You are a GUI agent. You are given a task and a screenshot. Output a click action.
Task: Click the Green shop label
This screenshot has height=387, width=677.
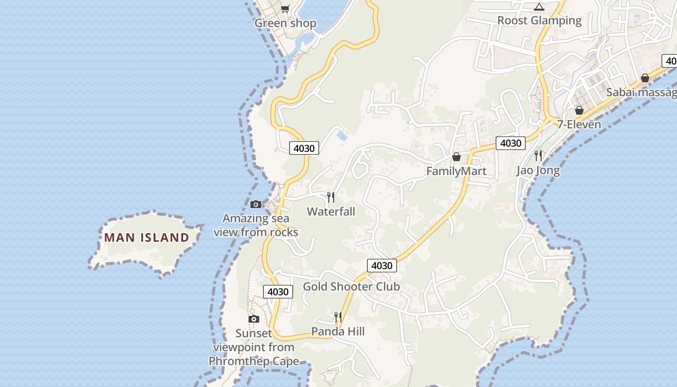coord(285,23)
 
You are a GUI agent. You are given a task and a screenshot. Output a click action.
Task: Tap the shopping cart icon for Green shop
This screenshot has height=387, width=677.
coord(285,9)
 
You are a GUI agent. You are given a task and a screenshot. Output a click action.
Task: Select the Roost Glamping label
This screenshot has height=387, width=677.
coord(539,20)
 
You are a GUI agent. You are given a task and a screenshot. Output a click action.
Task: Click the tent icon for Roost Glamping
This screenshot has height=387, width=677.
coord(539,7)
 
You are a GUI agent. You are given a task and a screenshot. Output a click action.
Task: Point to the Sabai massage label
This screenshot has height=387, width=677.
coord(641,92)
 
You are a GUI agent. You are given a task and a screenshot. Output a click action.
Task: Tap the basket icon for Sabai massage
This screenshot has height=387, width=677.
coord(645,78)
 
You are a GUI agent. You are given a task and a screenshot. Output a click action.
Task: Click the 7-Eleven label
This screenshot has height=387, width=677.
coord(579,124)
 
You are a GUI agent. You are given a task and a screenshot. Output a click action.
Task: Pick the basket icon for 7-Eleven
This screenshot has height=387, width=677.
coord(579,110)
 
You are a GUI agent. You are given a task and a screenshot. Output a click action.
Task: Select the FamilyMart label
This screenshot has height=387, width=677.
coord(456,171)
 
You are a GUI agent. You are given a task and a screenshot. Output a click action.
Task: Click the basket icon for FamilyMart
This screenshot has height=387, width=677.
coord(456,157)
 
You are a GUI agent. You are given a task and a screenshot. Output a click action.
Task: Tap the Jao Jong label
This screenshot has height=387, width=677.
coord(538,170)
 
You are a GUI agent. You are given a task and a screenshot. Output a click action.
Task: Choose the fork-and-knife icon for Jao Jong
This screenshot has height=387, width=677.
coord(538,155)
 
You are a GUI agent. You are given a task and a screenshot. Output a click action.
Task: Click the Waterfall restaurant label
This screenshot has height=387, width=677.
coord(331,211)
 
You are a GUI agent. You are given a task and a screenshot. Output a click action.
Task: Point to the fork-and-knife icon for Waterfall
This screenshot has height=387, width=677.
coord(331,197)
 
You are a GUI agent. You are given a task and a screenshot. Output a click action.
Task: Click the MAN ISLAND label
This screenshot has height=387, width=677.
coord(147,238)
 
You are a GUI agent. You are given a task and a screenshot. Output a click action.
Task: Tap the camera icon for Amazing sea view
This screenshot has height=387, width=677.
coord(256,204)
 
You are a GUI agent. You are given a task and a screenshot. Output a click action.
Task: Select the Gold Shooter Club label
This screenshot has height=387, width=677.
coord(351,286)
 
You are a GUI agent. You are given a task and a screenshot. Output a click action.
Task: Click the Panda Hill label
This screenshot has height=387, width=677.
coord(338,331)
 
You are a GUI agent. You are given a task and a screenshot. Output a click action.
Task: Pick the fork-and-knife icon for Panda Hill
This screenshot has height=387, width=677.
coord(338,317)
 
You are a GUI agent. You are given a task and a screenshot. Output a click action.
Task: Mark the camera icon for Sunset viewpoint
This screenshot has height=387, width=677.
coord(254,319)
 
